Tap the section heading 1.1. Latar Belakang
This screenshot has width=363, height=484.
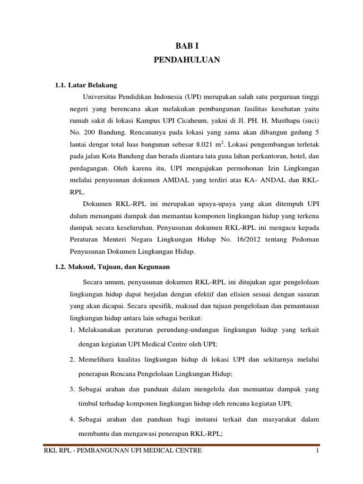[86, 86]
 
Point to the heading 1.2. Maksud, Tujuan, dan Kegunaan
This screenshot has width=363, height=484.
[112, 267]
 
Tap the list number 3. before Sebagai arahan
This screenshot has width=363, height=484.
[72, 390]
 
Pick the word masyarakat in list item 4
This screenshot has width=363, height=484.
[271, 419]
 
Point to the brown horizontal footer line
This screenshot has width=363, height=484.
[181, 445]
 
